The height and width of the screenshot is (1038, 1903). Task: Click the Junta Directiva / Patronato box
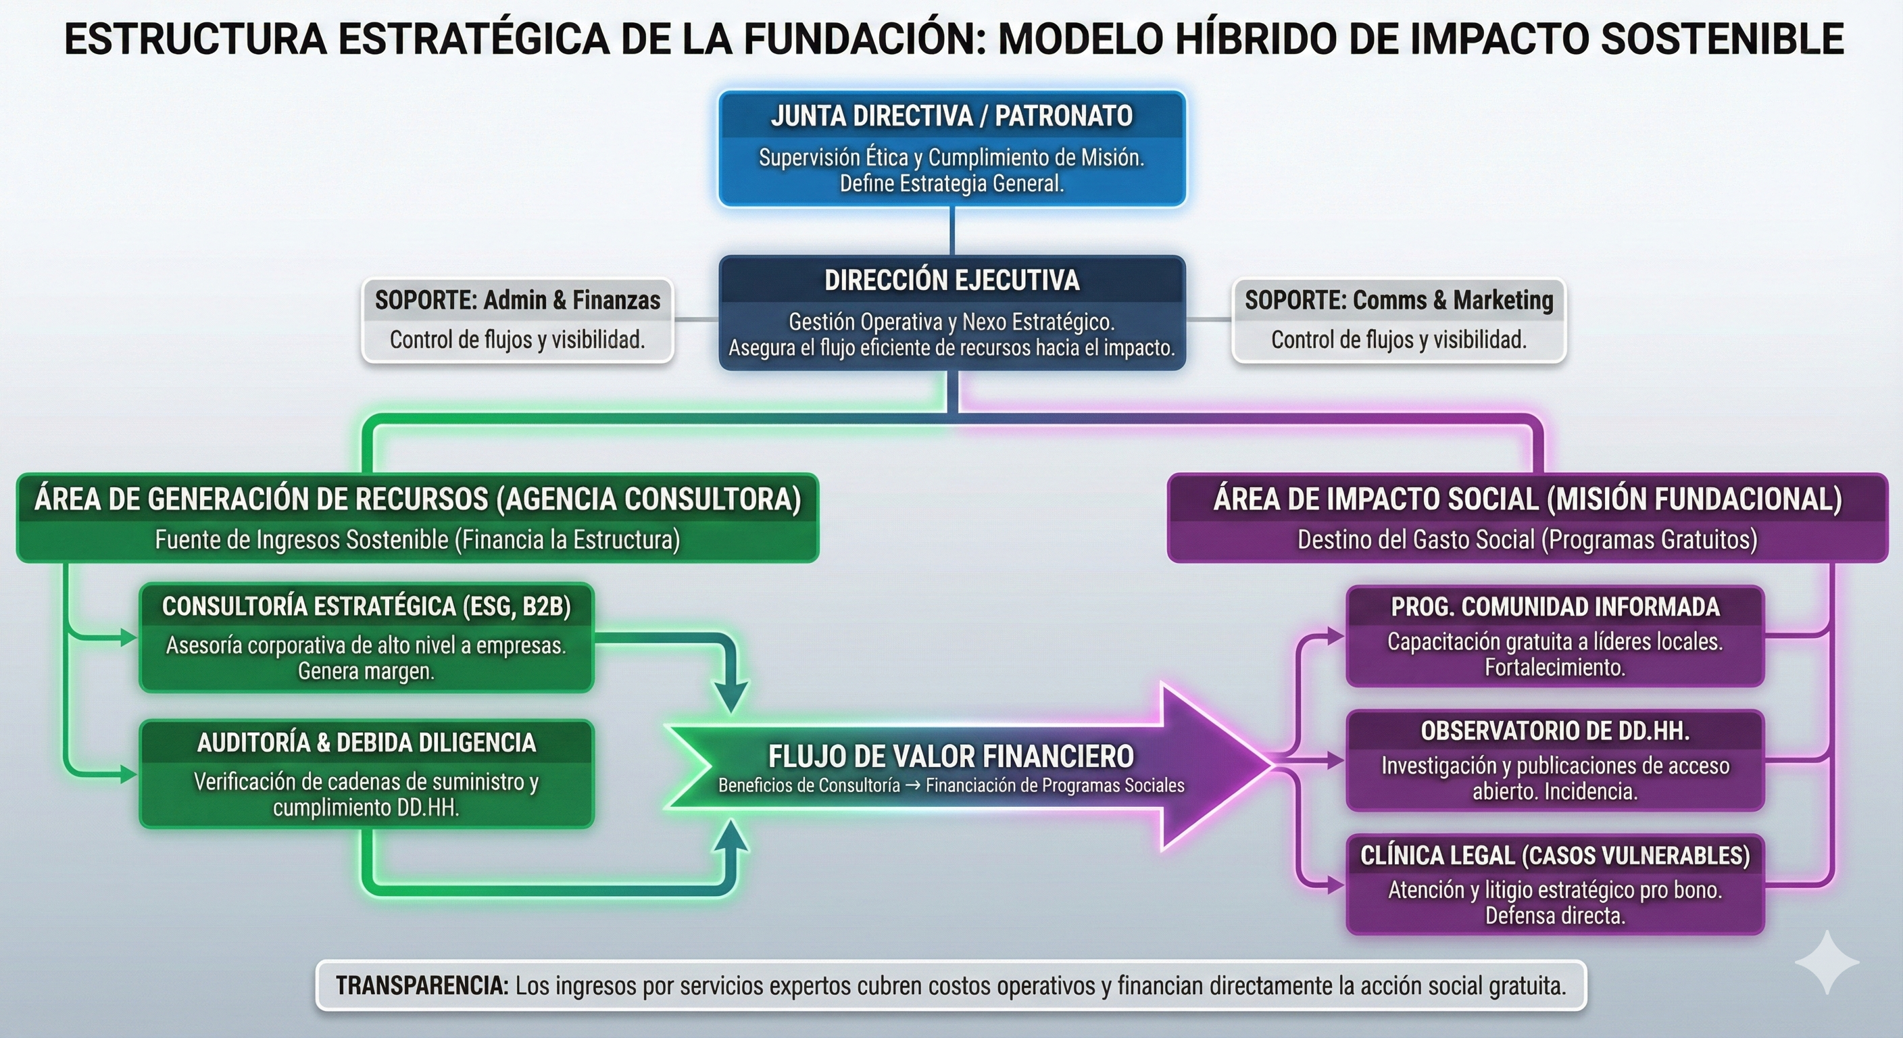952,149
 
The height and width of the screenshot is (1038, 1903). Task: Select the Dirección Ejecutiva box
952,312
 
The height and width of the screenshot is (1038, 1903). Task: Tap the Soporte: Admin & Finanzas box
517,320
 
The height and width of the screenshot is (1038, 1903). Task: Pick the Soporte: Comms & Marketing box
1398,320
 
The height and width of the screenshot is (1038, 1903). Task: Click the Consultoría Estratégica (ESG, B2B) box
366,637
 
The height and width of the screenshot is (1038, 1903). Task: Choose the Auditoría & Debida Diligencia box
366,774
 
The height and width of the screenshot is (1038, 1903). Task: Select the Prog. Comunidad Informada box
1555,636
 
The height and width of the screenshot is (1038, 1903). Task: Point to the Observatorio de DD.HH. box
1555,760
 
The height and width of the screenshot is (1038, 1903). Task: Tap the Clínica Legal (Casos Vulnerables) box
1555,885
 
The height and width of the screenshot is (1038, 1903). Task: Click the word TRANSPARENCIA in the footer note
422,985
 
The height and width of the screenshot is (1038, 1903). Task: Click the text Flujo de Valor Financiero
951,756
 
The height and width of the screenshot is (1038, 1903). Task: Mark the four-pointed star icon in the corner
1827,962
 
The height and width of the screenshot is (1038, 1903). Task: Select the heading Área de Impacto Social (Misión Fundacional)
1527,499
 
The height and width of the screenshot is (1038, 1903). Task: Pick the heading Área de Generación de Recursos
418,499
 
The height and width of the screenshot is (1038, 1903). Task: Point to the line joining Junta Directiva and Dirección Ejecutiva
952,231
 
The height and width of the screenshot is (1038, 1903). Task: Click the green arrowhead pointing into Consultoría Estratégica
129,637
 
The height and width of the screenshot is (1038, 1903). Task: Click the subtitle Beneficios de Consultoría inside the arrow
809,785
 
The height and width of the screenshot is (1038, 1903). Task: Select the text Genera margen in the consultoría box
366,671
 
